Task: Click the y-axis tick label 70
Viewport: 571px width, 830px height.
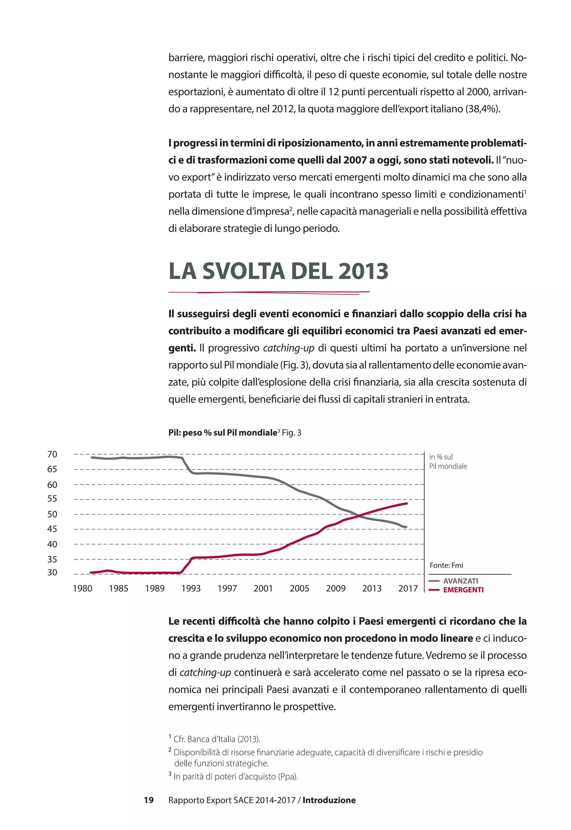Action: click(x=52, y=454)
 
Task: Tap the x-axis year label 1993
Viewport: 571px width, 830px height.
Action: click(x=191, y=588)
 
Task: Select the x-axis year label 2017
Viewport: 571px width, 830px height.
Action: click(x=408, y=588)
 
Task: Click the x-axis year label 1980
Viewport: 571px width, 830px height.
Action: click(x=82, y=588)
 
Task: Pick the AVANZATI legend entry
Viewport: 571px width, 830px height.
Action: click(x=460, y=581)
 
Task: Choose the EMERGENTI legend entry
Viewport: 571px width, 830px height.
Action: click(x=463, y=590)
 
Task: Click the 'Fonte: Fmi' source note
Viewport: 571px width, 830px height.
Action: click(x=446, y=565)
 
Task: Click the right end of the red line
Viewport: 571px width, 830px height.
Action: click(x=407, y=503)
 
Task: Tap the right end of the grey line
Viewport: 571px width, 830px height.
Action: click(x=406, y=527)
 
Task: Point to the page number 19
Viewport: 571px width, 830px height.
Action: click(x=149, y=800)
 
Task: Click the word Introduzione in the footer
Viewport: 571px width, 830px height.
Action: click(x=329, y=800)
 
